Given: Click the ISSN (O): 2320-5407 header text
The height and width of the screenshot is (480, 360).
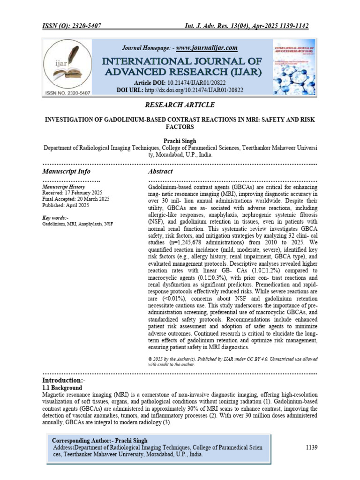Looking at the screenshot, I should (73, 25).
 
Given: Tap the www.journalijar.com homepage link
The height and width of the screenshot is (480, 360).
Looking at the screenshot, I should (207, 48).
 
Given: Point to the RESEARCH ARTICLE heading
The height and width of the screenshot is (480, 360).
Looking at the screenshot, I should (180, 105).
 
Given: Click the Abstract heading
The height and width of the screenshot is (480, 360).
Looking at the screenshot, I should (160, 172).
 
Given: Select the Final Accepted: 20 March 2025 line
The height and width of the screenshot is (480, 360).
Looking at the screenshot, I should (76, 199).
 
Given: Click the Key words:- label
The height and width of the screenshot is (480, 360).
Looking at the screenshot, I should (55, 218).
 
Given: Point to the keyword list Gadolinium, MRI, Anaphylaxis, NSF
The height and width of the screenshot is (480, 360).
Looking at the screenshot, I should (77, 224).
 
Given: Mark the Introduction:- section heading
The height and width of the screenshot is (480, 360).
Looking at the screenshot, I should (65, 380).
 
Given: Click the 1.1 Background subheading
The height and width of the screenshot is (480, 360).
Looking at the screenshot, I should (62, 388).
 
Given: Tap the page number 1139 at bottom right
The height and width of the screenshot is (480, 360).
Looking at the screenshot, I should (312, 448).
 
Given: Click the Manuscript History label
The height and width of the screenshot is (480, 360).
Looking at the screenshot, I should (64, 187).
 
